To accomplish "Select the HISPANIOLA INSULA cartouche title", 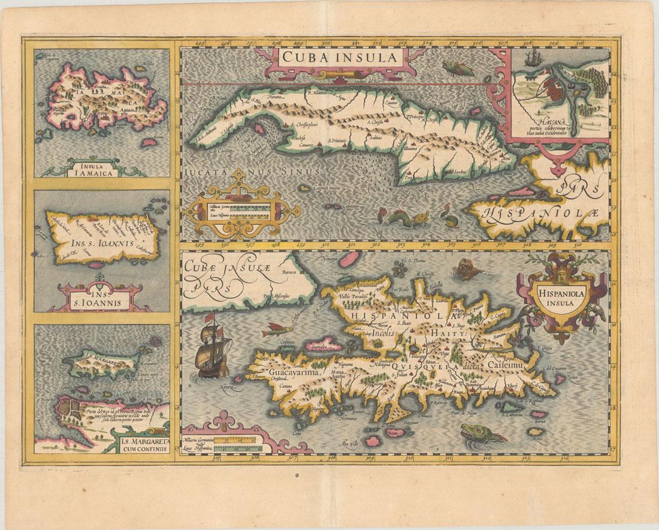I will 557,297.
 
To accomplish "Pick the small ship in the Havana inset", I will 531,59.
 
